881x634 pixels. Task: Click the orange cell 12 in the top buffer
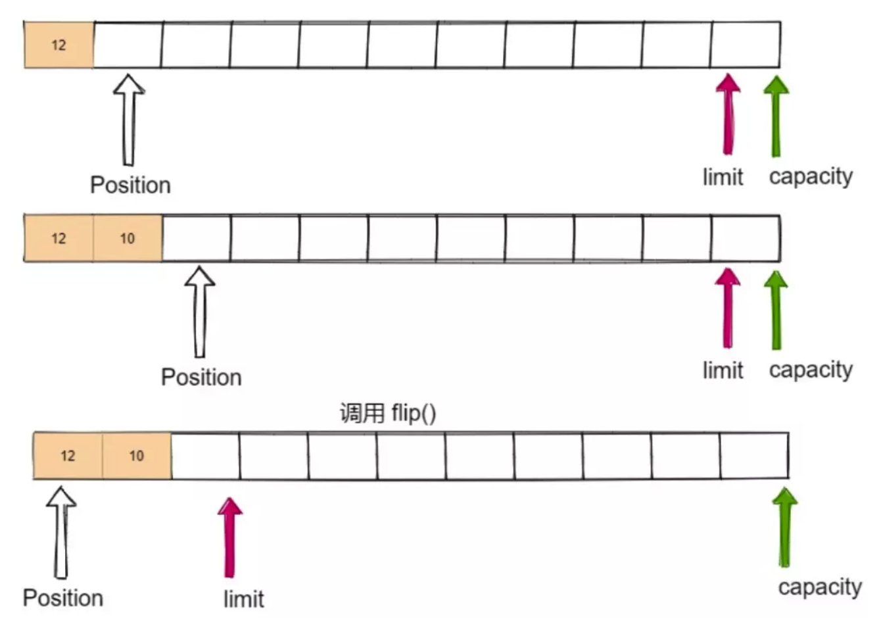click(59, 45)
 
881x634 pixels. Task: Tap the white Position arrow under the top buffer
click(129, 118)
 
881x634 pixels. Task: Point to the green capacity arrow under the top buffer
click(776, 115)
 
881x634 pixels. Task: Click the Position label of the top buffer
click(130, 185)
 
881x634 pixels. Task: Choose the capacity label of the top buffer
click(811, 176)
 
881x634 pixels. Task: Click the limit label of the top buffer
click(723, 177)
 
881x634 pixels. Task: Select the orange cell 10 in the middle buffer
click(128, 238)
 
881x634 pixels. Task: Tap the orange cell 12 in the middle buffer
click(59, 238)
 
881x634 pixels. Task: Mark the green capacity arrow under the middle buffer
click(776, 308)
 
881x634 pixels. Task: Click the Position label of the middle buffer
click(201, 378)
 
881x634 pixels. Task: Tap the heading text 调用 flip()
click(387, 414)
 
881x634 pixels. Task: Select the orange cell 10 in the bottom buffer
click(137, 456)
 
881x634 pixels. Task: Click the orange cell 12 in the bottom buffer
click(68, 456)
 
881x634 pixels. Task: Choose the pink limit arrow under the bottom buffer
click(229, 536)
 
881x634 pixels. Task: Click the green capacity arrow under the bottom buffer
click(784, 526)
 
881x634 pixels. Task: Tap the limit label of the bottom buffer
click(243, 599)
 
